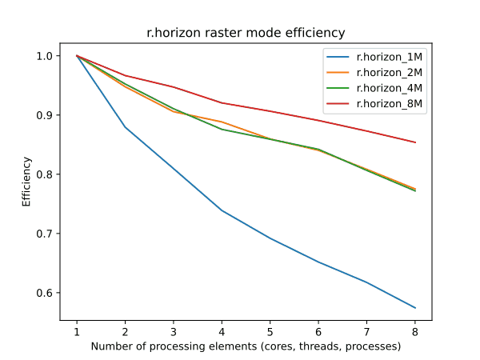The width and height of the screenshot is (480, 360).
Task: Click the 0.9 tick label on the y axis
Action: pyautogui.click(x=45, y=115)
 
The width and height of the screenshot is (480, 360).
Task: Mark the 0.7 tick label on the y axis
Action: pyautogui.click(x=45, y=234)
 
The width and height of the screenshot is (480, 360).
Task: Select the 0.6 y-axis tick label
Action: pyautogui.click(x=45, y=293)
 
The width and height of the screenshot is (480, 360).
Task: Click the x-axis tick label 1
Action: pyautogui.click(x=77, y=332)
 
